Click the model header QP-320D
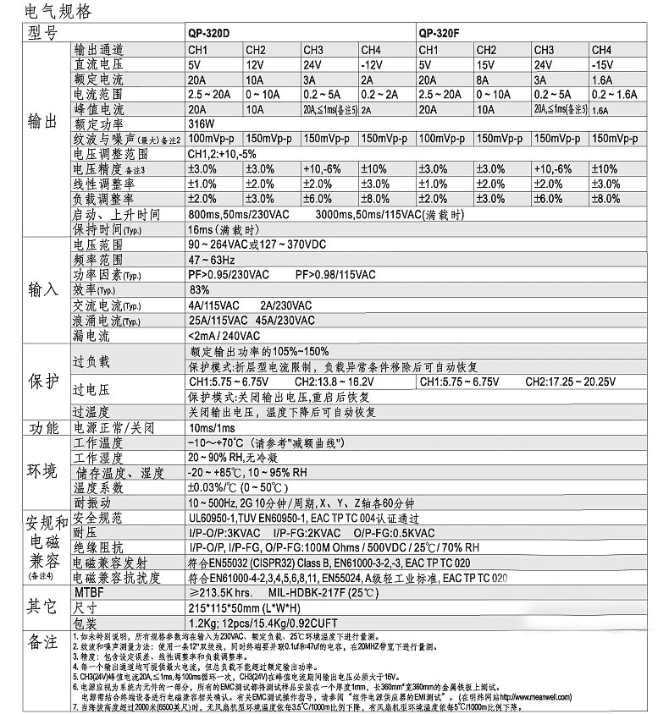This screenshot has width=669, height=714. [x=208, y=35]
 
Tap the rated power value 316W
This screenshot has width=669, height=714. [x=200, y=124]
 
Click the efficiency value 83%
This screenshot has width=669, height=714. [x=200, y=289]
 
